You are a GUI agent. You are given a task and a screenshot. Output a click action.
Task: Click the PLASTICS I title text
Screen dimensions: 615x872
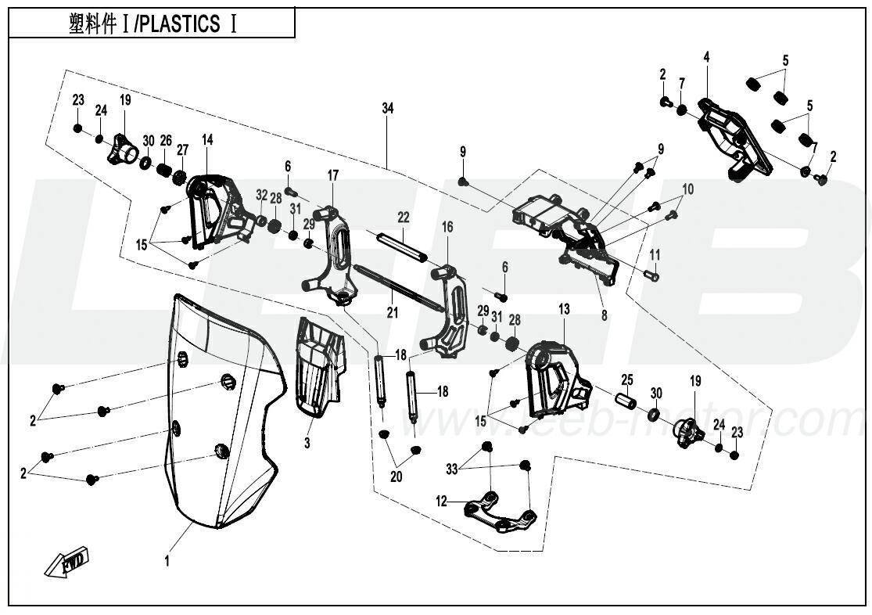pos(153,24)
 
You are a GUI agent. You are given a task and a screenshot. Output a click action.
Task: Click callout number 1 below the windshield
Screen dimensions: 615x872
pos(167,560)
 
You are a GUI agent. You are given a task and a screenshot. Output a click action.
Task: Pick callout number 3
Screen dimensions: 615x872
pos(307,444)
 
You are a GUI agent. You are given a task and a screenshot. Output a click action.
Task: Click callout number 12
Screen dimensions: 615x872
pos(442,502)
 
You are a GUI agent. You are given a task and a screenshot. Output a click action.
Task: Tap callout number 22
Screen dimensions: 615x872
pos(404,216)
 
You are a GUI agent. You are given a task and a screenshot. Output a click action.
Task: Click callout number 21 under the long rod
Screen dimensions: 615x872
pos(392,312)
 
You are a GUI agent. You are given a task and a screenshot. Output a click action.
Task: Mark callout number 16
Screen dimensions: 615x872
pos(447,227)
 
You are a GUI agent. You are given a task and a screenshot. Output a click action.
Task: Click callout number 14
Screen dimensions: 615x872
pos(206,139)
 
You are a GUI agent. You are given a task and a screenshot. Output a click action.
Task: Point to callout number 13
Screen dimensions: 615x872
pos(564,310)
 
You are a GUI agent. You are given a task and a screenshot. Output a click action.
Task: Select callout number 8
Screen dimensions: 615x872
pos(605,316)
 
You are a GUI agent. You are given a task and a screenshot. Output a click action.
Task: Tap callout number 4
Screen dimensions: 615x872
pos(706,57)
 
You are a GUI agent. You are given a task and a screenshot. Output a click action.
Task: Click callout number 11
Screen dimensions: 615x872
pos(655,254)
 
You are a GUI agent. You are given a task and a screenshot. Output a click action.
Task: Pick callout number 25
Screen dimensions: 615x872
pos(626,379)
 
